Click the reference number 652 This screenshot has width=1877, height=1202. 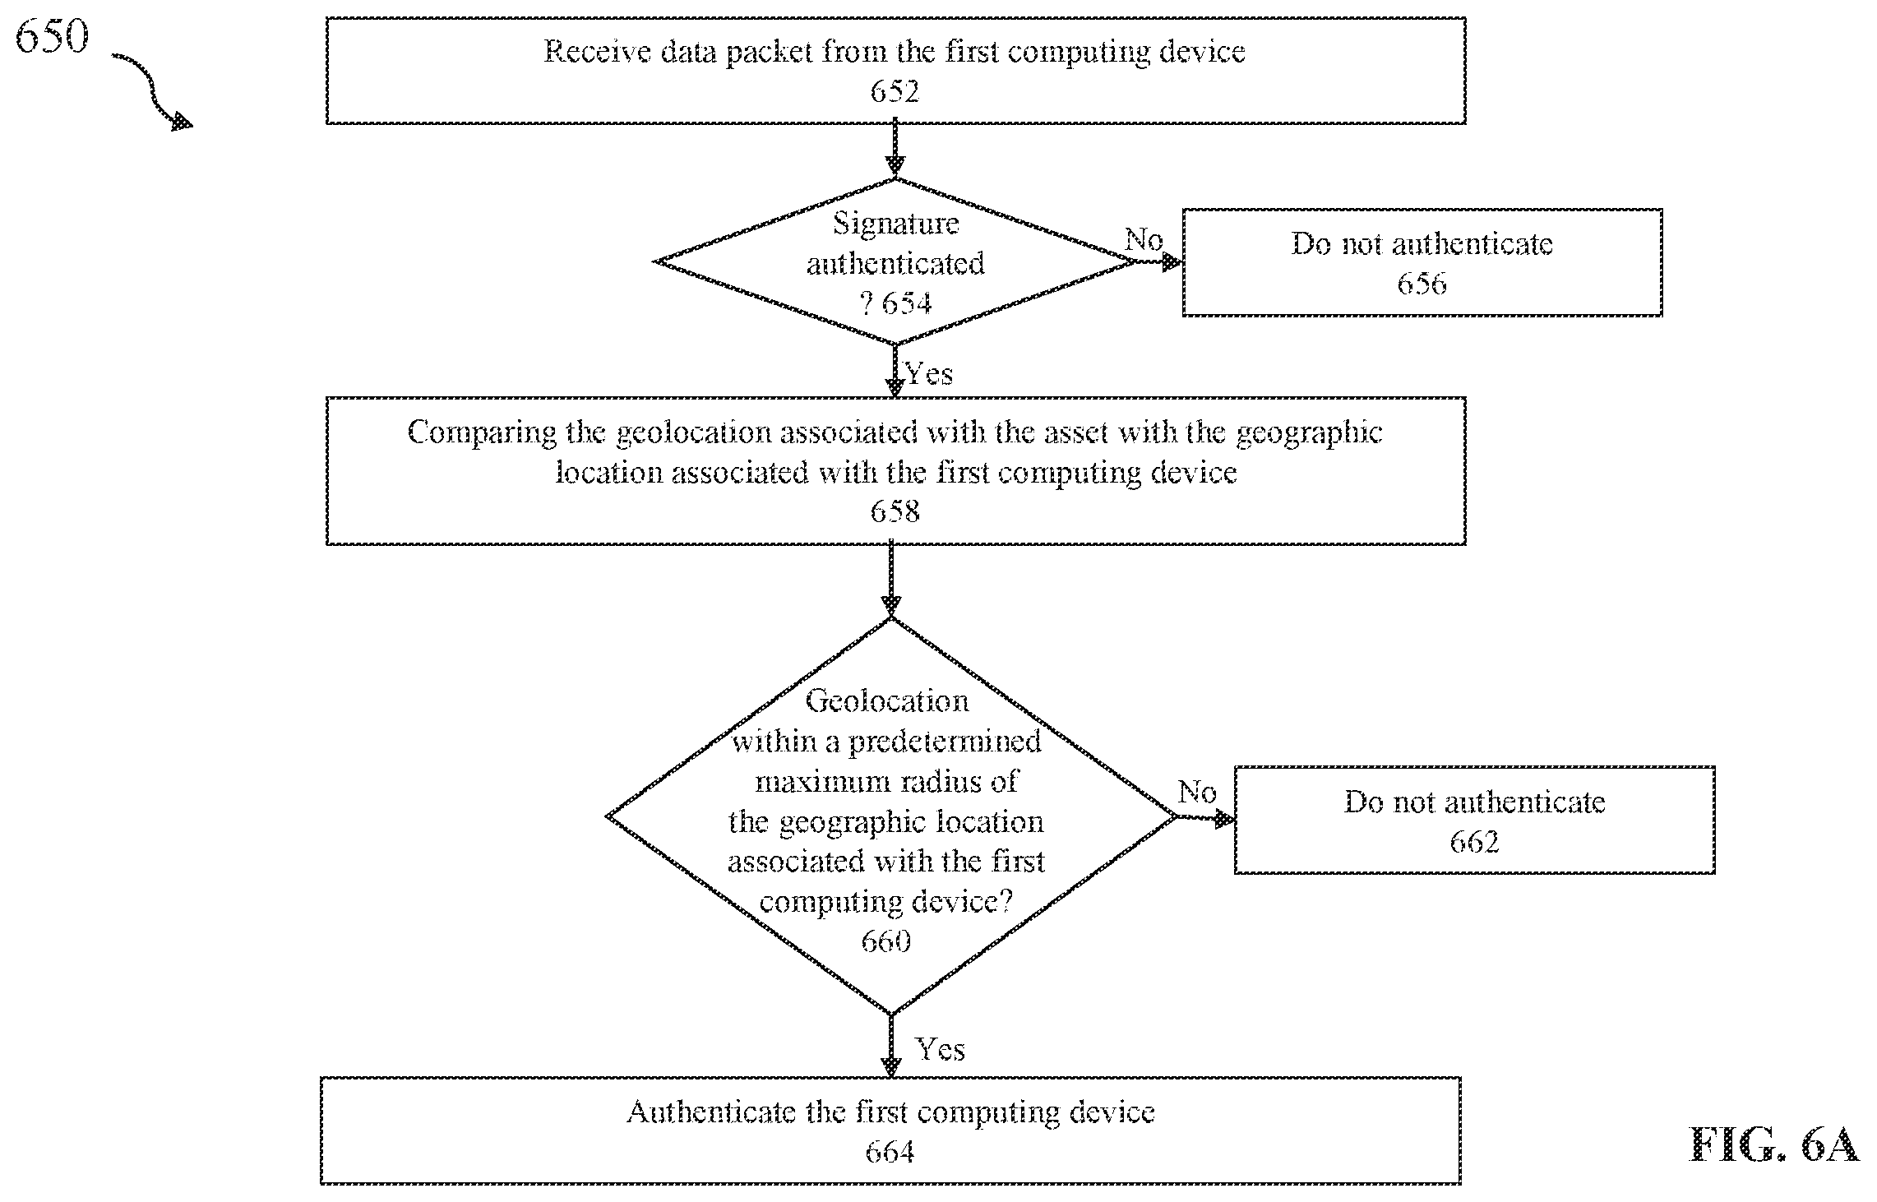[895, 91]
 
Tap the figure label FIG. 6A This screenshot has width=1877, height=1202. [1773, 1144]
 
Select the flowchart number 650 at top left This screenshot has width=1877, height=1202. [51, 36]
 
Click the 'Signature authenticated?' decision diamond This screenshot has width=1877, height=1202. [895, 262]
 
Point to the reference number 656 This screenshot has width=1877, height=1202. [1422, 284]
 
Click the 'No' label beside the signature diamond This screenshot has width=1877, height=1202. [1144, 239]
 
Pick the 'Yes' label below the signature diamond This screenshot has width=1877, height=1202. [930, 374]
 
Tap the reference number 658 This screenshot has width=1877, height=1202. [895, 512]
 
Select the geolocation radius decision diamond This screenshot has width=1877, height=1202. [891, 816]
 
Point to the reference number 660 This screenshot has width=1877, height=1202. [886, 941]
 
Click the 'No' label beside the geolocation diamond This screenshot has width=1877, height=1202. [1196, 793]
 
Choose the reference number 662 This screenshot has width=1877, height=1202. [1474, 841]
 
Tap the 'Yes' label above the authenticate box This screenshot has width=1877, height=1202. [941, 1049]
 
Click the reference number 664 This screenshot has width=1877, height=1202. [890, 1152]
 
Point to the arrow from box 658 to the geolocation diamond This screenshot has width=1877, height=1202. [891, 580]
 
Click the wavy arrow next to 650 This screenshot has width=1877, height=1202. [152, 90]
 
